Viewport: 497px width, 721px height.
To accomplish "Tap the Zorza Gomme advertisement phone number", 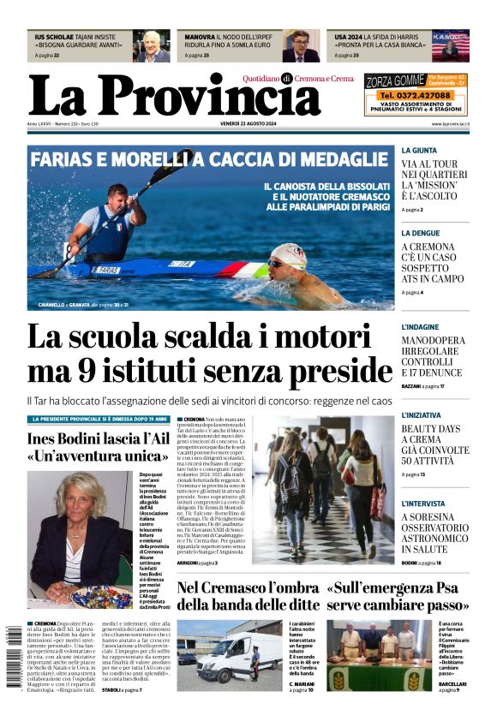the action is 416,96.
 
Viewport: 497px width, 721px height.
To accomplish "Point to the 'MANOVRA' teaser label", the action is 199,38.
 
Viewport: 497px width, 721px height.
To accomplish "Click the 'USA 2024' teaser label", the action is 348,38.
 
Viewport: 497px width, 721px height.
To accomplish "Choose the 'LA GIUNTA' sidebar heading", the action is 420,150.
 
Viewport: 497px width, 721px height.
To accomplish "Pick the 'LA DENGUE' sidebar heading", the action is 422,232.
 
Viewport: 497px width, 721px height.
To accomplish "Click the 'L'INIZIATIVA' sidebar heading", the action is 422,415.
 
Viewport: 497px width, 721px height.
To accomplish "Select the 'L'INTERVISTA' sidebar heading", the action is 423,503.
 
